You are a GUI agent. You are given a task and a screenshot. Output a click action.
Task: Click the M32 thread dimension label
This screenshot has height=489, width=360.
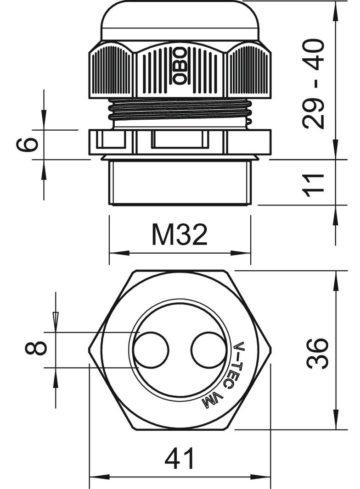180,235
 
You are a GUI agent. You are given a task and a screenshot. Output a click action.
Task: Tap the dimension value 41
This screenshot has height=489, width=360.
180,459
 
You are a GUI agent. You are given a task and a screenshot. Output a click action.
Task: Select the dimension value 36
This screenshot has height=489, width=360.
318,353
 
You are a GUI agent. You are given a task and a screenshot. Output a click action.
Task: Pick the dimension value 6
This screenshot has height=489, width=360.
27,145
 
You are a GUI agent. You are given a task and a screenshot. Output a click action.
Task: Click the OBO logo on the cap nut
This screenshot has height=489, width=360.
180,65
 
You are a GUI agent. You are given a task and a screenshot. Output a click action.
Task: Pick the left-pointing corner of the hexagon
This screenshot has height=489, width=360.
90,350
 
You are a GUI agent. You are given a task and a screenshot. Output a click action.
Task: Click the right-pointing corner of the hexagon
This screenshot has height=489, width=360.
270,350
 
